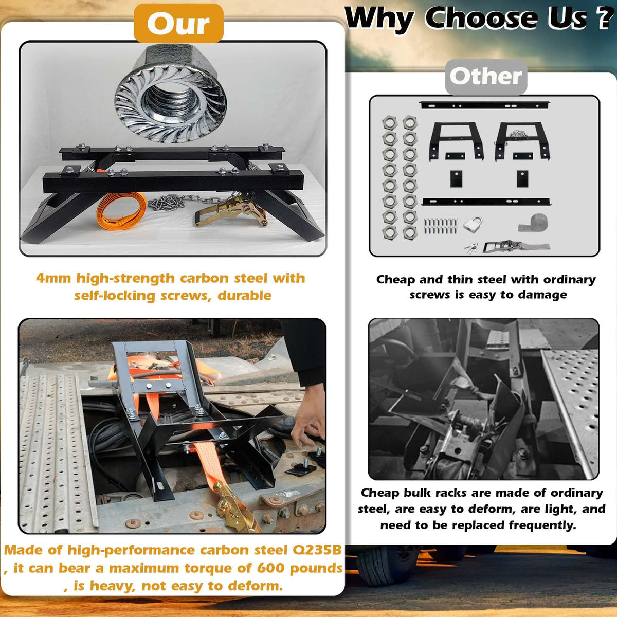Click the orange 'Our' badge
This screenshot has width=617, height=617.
(178, 23)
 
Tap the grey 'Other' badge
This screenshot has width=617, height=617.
(486, 77)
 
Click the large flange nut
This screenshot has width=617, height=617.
(170, 93)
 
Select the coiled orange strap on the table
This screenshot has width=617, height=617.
(121, 211)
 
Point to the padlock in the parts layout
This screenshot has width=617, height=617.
(473, 224)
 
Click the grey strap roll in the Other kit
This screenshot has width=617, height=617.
(533, 223)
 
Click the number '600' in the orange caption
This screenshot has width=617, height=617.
(270, 568)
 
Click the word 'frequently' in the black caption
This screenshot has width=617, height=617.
(542, 525)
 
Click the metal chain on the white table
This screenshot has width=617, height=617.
(184, 201)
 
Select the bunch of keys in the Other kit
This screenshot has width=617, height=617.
(471, 247)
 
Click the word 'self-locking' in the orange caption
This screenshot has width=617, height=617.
(115, 296)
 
